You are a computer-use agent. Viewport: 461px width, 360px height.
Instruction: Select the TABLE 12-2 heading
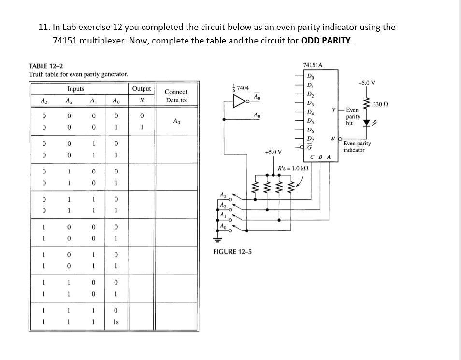click(x=45, y=66)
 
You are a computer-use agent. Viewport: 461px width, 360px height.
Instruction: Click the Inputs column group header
click(x=75, y=89)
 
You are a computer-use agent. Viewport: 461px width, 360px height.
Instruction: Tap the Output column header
click(x=142, y=89)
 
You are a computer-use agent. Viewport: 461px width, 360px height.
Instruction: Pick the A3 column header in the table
click(x=44, y=101)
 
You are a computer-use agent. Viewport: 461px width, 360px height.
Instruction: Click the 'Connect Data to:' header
click(x=176, y=96)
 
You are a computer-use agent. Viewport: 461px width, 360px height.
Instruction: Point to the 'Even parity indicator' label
click(x=357, y=146)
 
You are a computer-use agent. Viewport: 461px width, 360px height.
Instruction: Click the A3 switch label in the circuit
click(x=223, y=195)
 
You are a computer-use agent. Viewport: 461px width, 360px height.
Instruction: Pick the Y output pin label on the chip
click(x=334, y=110)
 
